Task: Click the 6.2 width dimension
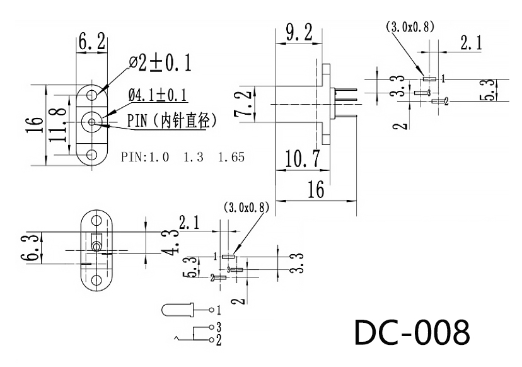(x=92, y=41)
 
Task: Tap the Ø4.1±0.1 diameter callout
(x=158, y=95)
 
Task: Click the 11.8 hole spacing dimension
(x=59, y=124)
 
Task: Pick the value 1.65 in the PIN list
(x=231, y=157)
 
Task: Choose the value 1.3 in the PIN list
(x=194, y=157)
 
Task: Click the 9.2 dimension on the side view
(x=299, y=33)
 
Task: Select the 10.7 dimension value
(x=303, y=158)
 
